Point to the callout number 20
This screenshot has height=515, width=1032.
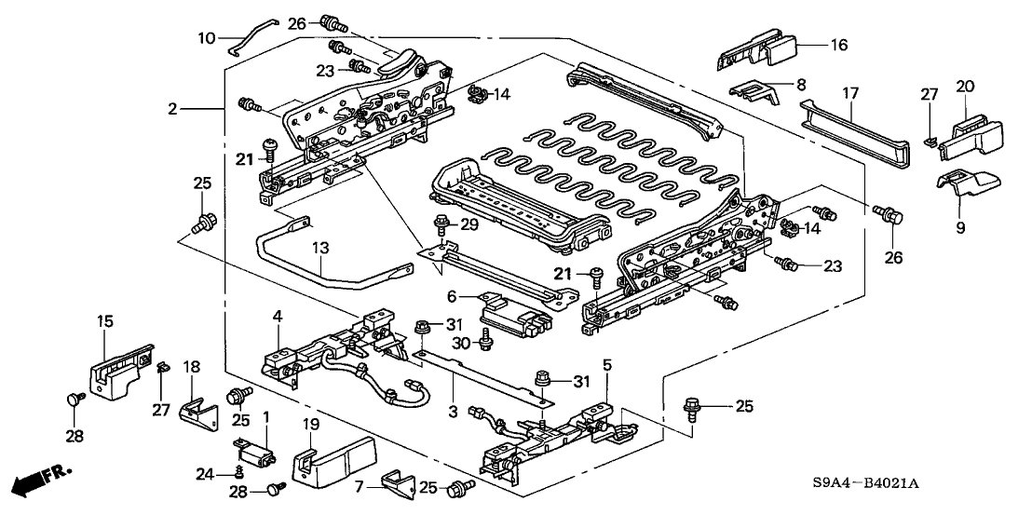[x=964, y=86]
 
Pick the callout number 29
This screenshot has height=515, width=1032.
[x=468, y=225]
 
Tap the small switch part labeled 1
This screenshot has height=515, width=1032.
[x=256, y=455]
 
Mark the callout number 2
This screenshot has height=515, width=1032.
[x=172, y=110]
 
